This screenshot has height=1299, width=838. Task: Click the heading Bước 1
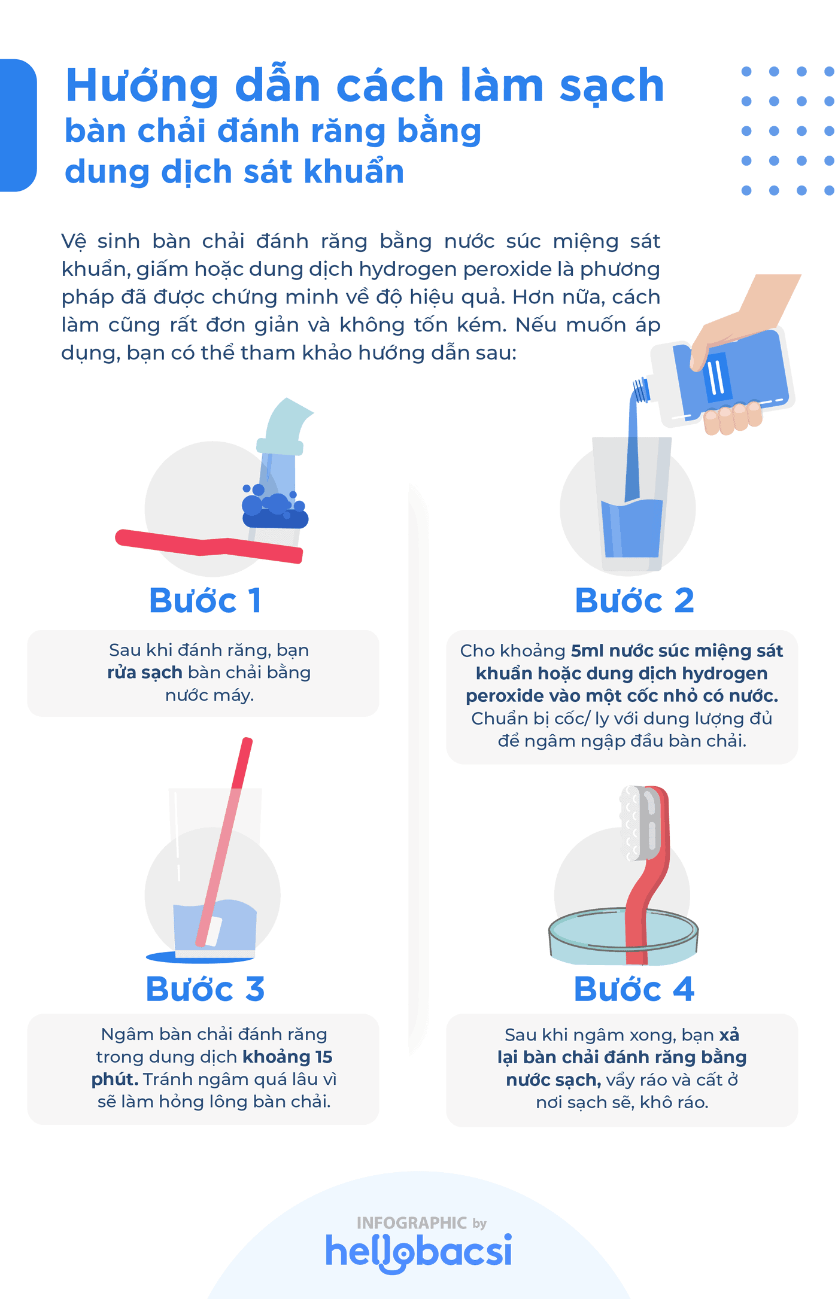[x=205, y=600]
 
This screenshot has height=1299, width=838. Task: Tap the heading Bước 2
[x=634, y=600]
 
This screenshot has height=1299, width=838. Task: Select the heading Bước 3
[x=205, y=988]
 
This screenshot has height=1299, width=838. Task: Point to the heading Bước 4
[x=634, y=988]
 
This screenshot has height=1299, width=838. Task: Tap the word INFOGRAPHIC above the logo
[x=411, y=1222]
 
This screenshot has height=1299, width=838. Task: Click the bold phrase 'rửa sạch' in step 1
[x=145, y=673]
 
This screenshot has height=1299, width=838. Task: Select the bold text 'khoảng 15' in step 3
[x=287, y=1057]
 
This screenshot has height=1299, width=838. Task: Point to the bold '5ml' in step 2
[x=587, y=650]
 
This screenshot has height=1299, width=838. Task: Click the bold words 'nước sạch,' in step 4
[x=553, y=1079]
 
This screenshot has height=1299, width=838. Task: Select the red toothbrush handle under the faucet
[x=209, y=546]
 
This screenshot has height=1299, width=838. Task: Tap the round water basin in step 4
[x=623, y=936]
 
